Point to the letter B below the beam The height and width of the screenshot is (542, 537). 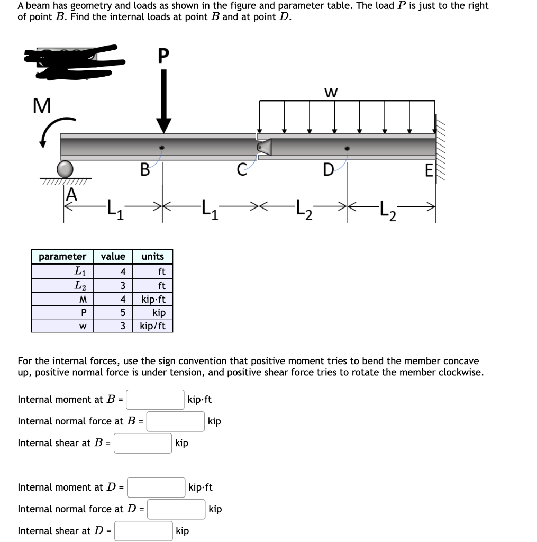(144, 170)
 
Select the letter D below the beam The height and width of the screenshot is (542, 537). (329, 170)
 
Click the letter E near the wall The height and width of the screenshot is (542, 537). (429, 170)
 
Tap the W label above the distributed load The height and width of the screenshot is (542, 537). (331, 93)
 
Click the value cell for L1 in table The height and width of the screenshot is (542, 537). (113, 272)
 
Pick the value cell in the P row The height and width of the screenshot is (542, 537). (113, 312)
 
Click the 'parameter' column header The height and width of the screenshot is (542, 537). (62, 257)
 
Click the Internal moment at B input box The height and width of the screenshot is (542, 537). (154, 400)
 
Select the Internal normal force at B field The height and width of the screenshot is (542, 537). (176, 421)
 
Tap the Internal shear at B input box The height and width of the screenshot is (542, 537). (143, 443)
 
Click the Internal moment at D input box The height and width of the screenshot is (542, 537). (155, 487)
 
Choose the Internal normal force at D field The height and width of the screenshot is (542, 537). (176, 509)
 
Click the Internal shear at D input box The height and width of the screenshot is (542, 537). (144, 531)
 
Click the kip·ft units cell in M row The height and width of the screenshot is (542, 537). (153, 299)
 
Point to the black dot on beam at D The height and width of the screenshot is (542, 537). (347, 149)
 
